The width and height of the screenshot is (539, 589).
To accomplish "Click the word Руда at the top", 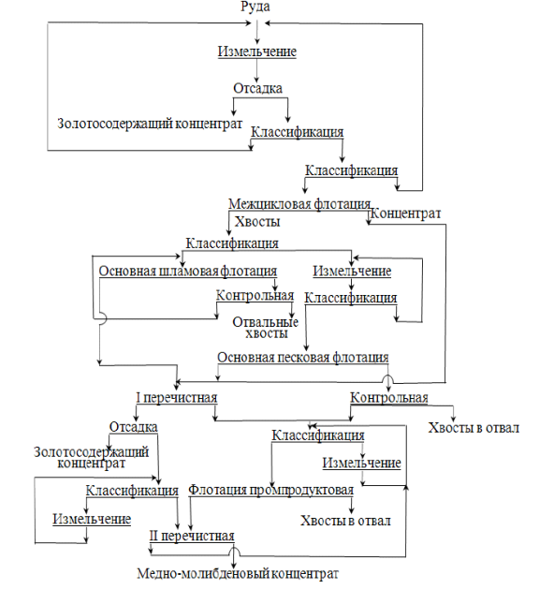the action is click(255, 7).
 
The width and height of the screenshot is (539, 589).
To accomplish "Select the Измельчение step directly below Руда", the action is click(257, 52).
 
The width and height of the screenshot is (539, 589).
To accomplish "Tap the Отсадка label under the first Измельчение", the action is click(257, 88).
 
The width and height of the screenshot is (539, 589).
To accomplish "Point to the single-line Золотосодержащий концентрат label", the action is click(150, 124).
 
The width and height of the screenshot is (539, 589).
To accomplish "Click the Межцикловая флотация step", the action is click(299, 204).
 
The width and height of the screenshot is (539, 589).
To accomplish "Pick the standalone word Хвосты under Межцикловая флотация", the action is click(257, 221).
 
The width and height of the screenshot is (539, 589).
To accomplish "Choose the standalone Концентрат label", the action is click(406, 214).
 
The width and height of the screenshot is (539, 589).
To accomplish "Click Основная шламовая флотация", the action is click(188, 271).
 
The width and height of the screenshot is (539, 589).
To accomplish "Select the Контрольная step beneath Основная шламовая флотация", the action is click(255, 295).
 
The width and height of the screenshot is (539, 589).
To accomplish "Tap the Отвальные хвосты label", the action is click(266, 328).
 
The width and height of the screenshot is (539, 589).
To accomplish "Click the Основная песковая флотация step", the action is click(303, 357).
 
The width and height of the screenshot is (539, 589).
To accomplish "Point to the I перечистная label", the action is click(177, 397).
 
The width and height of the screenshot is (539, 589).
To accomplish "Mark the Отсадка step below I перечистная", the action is click(133, 427).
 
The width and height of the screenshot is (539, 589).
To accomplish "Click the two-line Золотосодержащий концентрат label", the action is click(91, 457).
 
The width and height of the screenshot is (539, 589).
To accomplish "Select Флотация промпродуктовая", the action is click(270, 490).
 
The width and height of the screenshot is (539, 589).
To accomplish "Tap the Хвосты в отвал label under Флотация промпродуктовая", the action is click(345, 521).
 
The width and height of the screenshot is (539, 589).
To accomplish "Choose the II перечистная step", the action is click(192, 536).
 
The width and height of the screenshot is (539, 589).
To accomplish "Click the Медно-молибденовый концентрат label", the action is click(238, 574).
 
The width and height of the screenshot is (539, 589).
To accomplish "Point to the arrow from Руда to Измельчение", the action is click(257, 32).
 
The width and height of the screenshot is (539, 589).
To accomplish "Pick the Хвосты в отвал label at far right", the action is click(473, 428).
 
